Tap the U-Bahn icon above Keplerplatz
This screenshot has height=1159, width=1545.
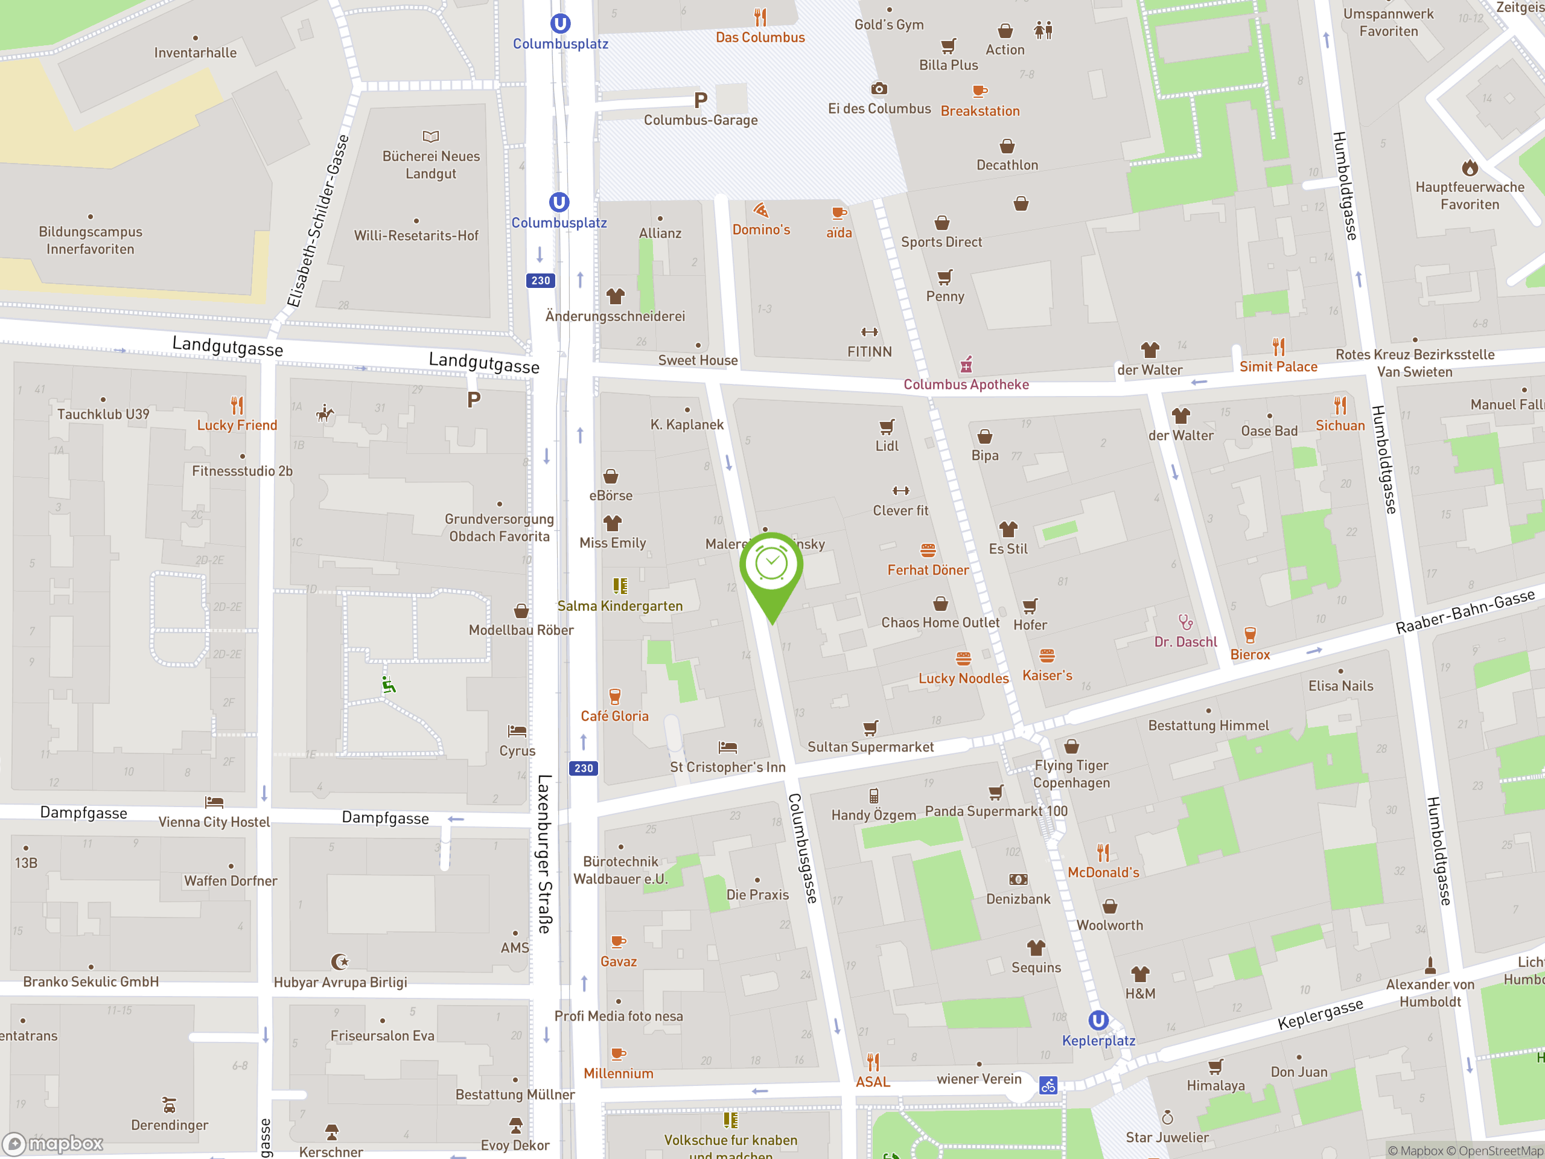(x=1098, y=1021)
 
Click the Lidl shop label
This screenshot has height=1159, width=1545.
(x=887, y=445)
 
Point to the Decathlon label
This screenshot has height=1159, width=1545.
(x=1007, y=165)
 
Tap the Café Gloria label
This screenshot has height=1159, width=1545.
(x=614, y=716)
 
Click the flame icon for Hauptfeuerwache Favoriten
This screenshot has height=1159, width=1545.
(x=1470, y=168)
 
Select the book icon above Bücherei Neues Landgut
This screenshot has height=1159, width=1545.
(x=431, y=136)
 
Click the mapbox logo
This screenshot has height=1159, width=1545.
(x=53, y=1144)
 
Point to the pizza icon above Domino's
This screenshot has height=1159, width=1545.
(x=760, y=210)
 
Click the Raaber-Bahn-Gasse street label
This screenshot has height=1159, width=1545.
(x=1465, y=611)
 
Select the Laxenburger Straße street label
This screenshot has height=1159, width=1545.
(x=545, y=853)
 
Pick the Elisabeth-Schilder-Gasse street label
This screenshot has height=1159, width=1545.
(x=318, y=221)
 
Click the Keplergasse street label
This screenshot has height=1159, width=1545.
(x=1320, y=1014)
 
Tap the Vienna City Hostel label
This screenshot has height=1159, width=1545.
(x=214, y=822)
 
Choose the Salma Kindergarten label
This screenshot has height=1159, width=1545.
(x=620, y=605)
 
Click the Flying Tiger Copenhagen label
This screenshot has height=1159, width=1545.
(x=1071, y=774)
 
